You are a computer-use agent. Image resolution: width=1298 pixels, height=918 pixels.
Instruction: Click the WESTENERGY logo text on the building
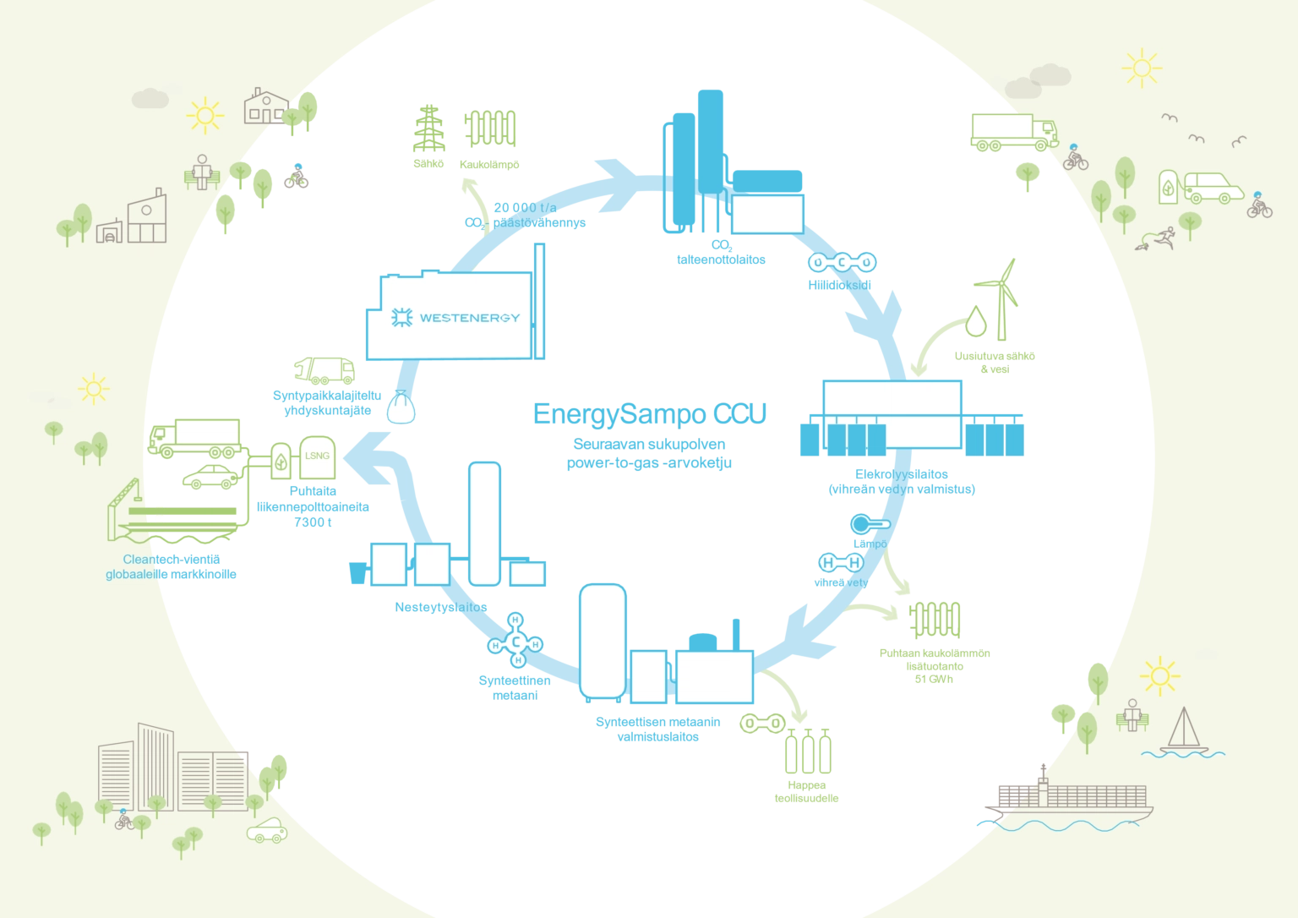click(456, 319)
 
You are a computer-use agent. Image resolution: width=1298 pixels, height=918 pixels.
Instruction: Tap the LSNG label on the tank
click(317, 456)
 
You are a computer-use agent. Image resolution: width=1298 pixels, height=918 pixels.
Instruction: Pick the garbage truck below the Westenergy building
click(324, 370)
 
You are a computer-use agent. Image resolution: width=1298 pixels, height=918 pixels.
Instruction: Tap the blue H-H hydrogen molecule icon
click(841, 563)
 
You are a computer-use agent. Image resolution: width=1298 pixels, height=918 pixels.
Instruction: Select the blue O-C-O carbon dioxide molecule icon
click(843, 263)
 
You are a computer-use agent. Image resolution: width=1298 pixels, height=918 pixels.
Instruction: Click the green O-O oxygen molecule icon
click(762, 724)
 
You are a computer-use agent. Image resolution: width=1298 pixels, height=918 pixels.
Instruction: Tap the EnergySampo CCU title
click(651, 414)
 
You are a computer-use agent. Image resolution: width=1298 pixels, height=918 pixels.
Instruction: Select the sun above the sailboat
click(1159, 675)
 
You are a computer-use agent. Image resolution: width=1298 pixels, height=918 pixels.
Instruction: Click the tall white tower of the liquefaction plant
click(484, 523)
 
